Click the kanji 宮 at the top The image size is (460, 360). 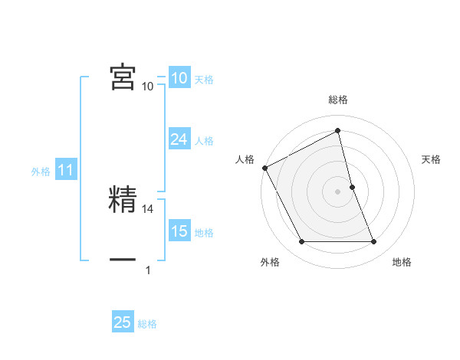click(x=123, y=77)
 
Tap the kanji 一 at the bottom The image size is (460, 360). click(x=123, y=259)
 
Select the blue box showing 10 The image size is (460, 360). click(x=179, y=78)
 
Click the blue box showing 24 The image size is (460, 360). click(x=179, y=139)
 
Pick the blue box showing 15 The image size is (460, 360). click(x=179, y=231)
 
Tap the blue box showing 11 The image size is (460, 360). click(x=65, y=171)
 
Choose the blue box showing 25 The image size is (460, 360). click(x=123, y=322)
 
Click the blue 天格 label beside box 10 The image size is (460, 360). click(x=204, y=80)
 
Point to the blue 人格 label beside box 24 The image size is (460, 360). click(x=204, y=141)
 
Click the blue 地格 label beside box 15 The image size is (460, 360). click(x=204, y=233)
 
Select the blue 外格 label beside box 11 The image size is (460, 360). click(x=41, y=172)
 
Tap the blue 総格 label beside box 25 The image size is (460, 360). click(x=147, y=324)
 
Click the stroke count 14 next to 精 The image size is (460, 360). click(x=149, y=208)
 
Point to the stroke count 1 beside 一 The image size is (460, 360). click(x=148, y=270)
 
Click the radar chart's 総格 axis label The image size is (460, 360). click(x=338, y=100)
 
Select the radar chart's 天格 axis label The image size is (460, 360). click(x=432, y=159)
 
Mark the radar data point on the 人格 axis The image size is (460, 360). click(x=264, y=167)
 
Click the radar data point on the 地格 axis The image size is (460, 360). click(x=374, y=242)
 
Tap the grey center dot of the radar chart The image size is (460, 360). click(x=338, y=191)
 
